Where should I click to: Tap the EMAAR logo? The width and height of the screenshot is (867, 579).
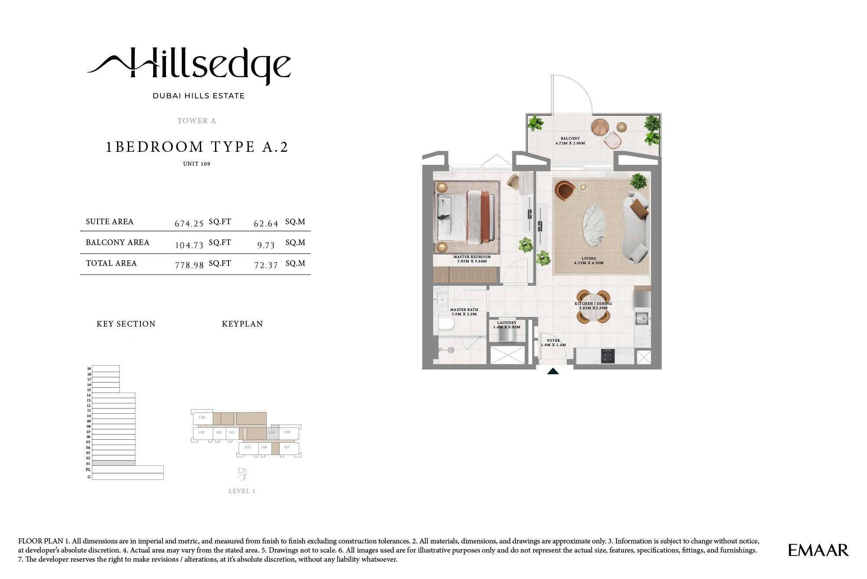(818, 550)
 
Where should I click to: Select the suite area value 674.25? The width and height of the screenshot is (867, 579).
(189, 224)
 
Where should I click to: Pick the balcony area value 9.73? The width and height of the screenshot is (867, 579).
(266, 245)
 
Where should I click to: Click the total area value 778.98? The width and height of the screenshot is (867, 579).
(189, 265)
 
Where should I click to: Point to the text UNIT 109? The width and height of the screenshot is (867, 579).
(196, 164)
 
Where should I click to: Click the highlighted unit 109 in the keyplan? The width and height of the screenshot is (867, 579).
(272, 433)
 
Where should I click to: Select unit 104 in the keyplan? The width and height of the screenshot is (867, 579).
(202, 418)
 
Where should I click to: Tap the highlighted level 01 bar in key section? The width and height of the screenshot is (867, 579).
(114, 463)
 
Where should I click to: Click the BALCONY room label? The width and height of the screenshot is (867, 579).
(570, 141)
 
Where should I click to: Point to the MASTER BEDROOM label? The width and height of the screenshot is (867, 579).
(472, 259)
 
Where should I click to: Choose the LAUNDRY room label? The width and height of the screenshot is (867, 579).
(506, 325)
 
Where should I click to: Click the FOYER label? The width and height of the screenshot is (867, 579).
(553, 343)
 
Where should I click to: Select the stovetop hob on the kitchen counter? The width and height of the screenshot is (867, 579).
(607, 356)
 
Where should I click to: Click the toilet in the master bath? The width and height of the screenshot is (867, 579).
(445, 324)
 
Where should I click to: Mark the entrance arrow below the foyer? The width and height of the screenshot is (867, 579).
(553, 371)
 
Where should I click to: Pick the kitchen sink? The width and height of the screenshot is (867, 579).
(642, 318)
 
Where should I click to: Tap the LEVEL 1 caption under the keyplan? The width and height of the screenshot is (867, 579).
(241, 491)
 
